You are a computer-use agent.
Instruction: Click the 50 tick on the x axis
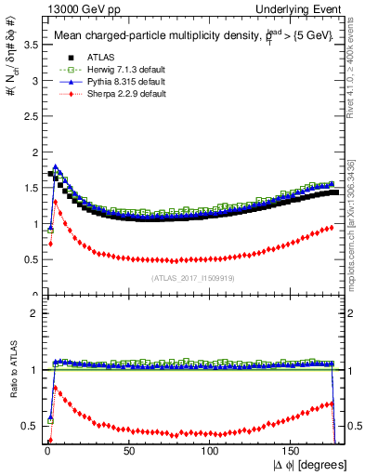[129, 451]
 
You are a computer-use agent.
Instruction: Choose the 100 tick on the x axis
[211, 451]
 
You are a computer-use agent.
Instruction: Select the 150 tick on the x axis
[293, 451]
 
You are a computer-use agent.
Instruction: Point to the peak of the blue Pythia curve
[55, 167]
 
